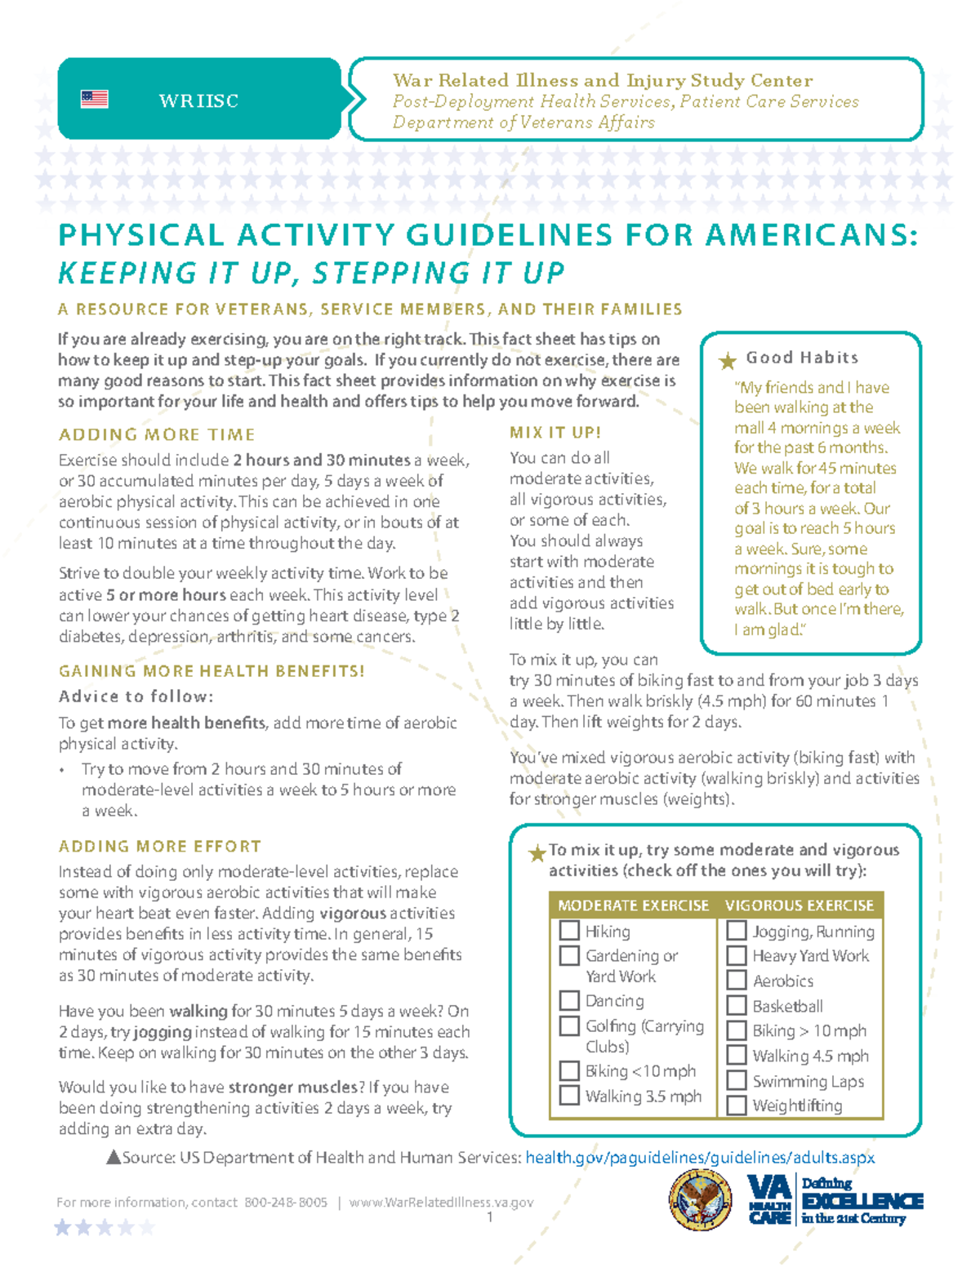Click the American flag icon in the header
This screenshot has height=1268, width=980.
click(94, 100)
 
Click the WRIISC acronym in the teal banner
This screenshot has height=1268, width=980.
click(198, 101)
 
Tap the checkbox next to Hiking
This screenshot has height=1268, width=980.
click(569, 931)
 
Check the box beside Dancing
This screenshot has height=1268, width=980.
click(569, 1000)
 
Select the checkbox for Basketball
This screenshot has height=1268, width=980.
click(737, 1005)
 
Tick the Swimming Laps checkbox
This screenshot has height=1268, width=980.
click(737, 1080)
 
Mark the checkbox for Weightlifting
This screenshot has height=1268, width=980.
click(737, 1105)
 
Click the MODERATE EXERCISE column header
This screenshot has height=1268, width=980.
click(633, 905)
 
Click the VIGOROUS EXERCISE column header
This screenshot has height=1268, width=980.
click(799, 905)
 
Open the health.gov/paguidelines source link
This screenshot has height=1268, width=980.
click(700, 1158)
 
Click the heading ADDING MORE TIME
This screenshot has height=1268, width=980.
click(157, 435)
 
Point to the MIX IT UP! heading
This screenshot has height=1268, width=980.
click(555, 433)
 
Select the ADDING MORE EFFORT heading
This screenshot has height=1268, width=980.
click(160, 847)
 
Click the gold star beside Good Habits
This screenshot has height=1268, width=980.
click(727, 361)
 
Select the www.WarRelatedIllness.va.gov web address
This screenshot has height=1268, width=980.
click(441, 1203)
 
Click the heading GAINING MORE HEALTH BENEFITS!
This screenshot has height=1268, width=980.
click(212, 671)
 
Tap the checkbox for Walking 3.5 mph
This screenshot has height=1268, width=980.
click(569, 1096)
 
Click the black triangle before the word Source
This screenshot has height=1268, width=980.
click(114, 1157)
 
